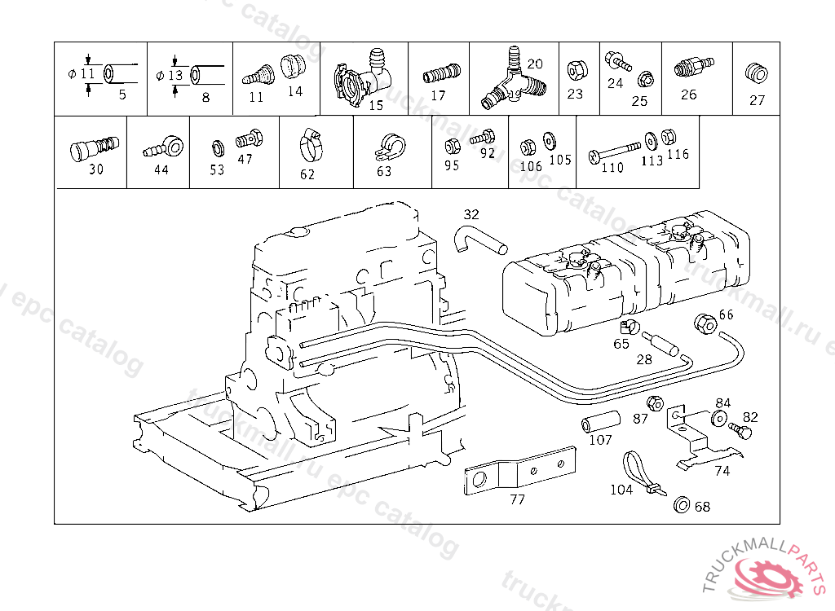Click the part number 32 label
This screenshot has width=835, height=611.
[471, 214]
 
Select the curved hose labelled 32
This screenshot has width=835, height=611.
[479, 239]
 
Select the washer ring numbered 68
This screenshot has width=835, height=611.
[681, 504]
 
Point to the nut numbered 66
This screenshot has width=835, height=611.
[704, 323]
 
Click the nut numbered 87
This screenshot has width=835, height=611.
[654, 403]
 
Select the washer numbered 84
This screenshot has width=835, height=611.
[719, 418]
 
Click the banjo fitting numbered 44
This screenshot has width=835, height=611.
[162, 148]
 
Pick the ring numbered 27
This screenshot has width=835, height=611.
[757, 74]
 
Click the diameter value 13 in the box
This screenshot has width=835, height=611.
[175, 75]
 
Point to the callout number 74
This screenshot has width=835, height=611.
[722, 470]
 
